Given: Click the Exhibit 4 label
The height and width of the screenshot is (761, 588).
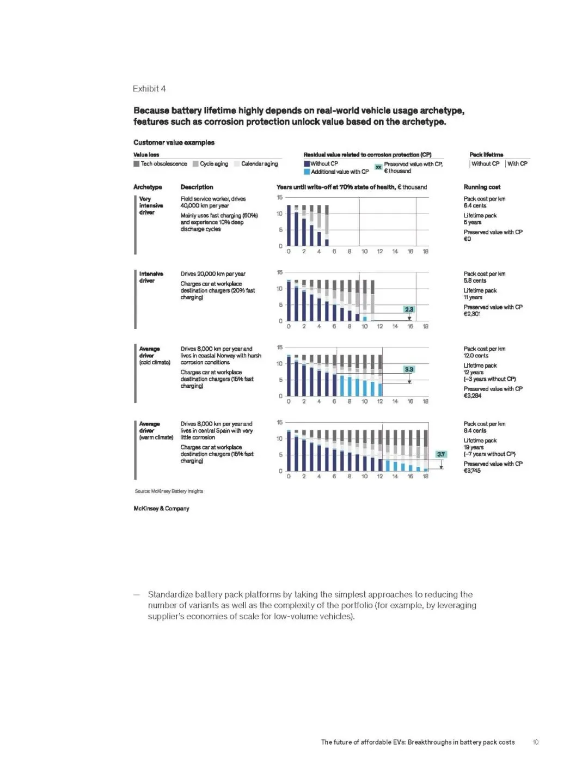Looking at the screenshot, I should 149,89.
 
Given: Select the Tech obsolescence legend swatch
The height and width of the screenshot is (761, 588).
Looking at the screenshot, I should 137,164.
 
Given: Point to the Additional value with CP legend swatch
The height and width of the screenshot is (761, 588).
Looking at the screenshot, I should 307,172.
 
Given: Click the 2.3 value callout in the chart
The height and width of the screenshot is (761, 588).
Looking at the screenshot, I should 409,309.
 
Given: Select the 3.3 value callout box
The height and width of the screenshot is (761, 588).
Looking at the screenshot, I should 409,369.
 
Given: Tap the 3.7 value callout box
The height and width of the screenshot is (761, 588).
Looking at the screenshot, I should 441,454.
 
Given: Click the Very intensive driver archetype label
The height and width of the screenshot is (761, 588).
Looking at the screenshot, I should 146,205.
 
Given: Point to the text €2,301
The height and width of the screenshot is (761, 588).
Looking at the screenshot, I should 472,314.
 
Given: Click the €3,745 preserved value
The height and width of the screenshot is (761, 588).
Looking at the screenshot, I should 472,471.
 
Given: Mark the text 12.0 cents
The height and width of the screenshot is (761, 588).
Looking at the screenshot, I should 476,356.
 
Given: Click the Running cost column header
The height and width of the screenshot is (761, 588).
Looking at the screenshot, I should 482,187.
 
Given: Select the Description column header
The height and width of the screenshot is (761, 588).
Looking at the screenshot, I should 197,187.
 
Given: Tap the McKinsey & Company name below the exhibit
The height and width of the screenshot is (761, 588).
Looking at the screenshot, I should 161,508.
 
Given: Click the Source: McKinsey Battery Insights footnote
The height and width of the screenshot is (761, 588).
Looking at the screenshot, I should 169,491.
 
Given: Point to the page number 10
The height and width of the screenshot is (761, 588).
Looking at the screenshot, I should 535,742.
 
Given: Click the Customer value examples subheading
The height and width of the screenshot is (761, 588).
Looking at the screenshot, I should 174,143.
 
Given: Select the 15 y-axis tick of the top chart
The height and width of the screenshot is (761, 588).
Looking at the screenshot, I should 279,198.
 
